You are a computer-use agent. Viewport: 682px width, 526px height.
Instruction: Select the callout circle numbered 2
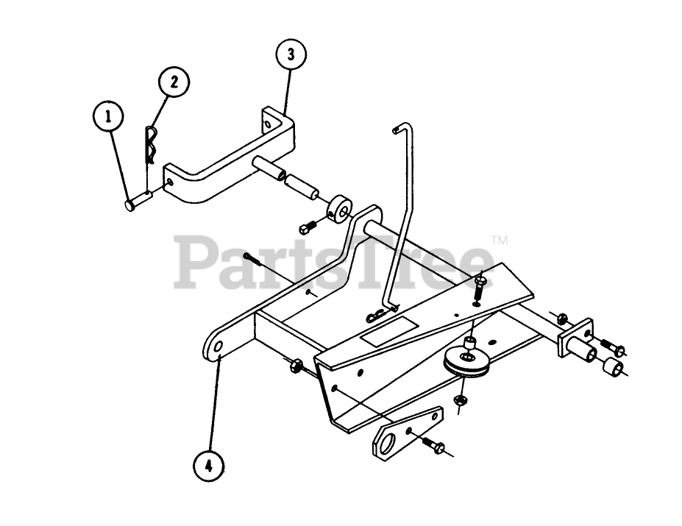coord(174,82)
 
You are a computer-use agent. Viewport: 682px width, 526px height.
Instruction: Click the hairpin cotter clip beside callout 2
coord(151,145)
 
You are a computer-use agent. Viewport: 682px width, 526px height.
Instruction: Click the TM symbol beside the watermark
coord(499,240)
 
